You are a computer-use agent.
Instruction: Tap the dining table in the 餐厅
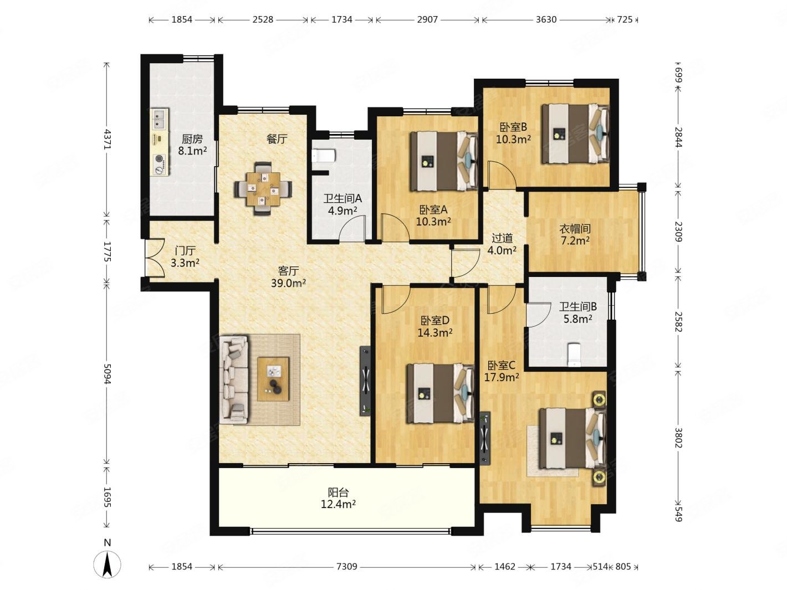tap(263, 189)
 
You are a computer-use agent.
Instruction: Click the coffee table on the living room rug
tap(273, 379)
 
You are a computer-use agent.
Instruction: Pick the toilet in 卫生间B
tap(574, 355)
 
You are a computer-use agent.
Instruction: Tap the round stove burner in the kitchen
tap(159, 158)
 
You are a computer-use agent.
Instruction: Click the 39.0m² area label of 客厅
tap(288, 283)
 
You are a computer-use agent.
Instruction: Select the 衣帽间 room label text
tap(575, 229)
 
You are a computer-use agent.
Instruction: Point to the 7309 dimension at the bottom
tap(347, 566)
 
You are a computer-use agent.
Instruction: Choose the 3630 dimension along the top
tap(546, 19)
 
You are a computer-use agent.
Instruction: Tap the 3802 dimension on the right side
tap(678, 438)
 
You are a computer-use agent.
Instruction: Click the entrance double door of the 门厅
tap(155, 258)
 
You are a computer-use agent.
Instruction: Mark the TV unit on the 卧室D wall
tap(365, 381)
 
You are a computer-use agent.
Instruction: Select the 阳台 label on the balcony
tap(338, 492)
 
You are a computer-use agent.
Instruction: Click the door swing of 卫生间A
tap(352, 228)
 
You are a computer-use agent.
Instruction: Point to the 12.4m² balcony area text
tap(338, 505)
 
